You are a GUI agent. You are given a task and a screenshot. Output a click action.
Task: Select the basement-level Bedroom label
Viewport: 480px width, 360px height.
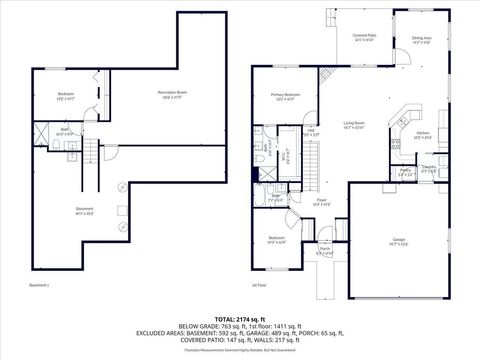(63, 97)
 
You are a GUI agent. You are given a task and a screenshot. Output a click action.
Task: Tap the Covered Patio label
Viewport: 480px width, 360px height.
(363, 36)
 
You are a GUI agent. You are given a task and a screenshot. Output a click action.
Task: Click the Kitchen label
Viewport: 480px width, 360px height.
(423, 133)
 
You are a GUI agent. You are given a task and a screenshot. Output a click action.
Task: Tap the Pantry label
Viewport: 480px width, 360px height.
(406, 171)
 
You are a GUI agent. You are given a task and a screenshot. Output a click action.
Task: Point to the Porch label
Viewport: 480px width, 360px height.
(324, 250)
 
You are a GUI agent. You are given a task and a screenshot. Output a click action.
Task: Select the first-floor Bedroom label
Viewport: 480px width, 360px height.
(275, 239)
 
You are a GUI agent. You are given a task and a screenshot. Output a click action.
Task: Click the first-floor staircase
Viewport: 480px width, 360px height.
(312, 160)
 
